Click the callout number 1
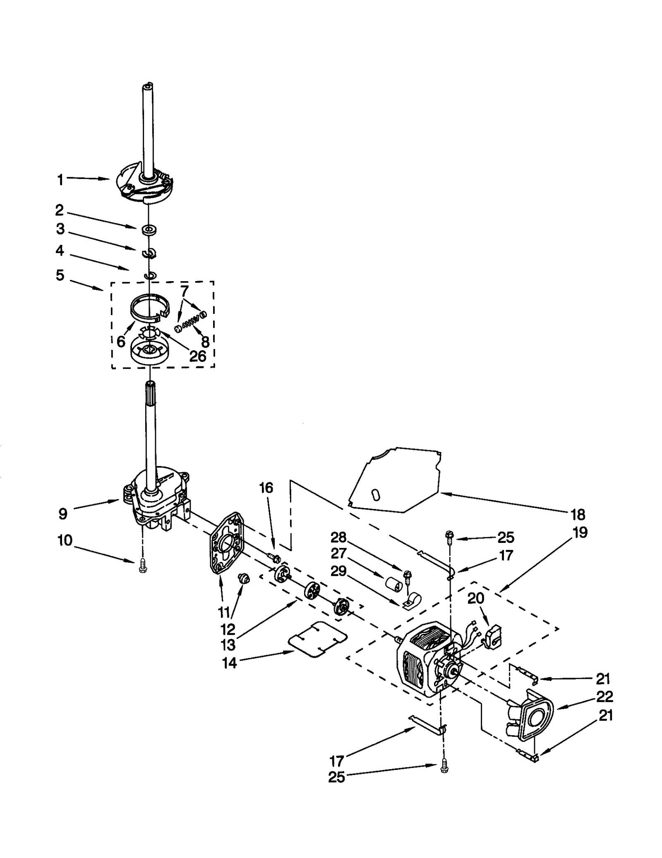[x=60, y=180]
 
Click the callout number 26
[x=197, y=356]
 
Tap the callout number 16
[x=266, y=488]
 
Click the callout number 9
[x=62, y=514]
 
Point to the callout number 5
[x=60, y=275]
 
